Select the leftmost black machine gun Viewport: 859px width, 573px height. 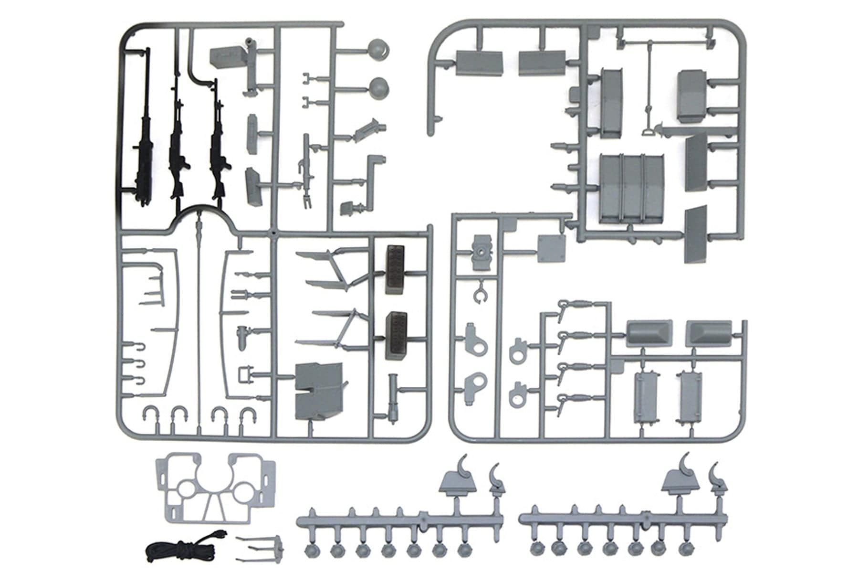[143, 158]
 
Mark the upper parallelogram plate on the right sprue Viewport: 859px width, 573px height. [696, 162]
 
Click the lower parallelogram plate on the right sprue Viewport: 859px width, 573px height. [695, 235]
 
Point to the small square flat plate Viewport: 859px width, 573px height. [552, 248]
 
